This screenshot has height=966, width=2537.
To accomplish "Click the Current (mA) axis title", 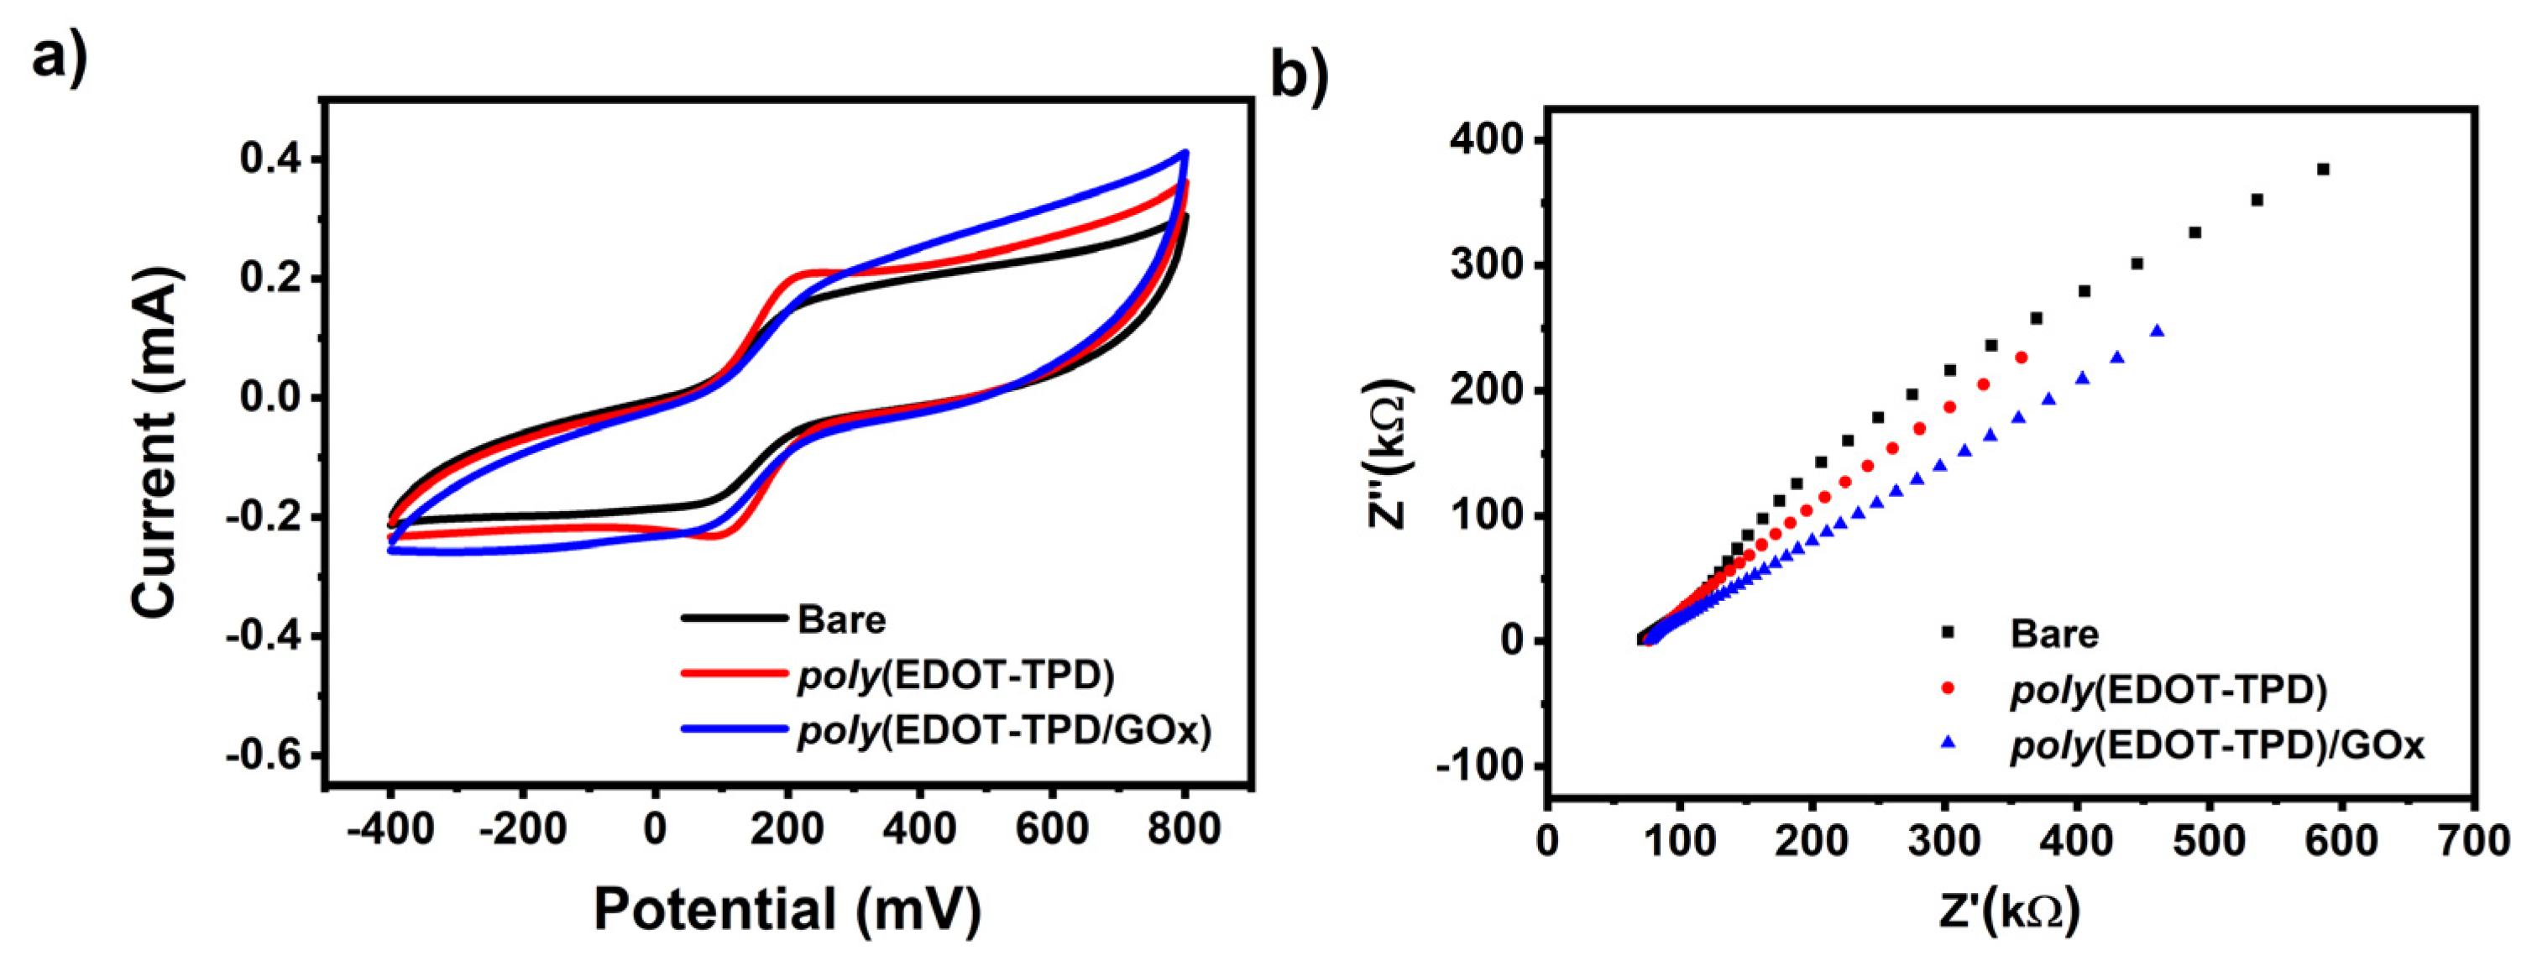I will coord(155,445).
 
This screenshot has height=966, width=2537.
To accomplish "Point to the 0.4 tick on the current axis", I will coord(271,159).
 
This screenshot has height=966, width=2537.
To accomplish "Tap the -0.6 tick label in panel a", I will coord(264,755).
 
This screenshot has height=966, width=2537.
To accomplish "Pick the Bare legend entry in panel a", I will coord(840,619).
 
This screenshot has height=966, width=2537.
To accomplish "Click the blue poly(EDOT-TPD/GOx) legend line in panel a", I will coord(734,729).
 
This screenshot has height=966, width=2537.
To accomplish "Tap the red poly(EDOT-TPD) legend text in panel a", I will coord(955,675).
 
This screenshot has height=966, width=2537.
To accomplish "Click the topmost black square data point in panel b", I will coord(2323,170).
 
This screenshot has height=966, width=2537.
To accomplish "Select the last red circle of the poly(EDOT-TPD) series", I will coord(2021,358).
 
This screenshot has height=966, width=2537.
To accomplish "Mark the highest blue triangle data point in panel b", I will coord(2157,332).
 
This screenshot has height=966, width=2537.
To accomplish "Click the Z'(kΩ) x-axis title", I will coord(2009,911).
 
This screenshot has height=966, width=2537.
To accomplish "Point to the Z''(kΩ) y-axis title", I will coord(1390,453).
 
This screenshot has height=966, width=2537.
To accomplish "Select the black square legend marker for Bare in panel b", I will coord(1947,631).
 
